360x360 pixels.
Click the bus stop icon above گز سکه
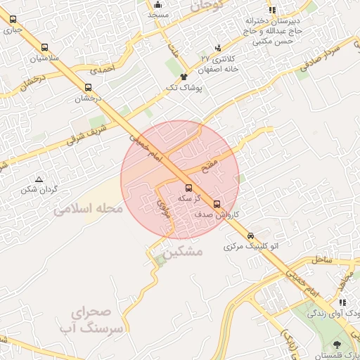188,188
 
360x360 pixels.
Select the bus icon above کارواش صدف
217,204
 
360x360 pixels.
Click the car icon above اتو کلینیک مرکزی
251,236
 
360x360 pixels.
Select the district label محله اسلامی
89,209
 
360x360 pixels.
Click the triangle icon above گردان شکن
39,179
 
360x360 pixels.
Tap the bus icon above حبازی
13,20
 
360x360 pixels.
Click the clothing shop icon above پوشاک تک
184,77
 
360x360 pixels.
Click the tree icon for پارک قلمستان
337,344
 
